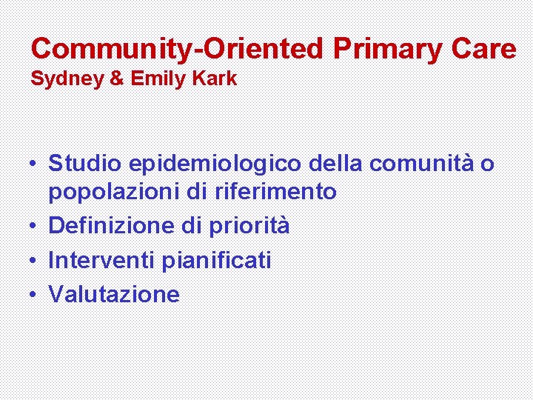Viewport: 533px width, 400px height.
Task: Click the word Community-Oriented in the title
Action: point(178,49)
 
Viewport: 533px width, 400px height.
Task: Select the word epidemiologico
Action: point(215,163)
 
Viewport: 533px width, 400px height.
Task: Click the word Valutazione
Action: point(114,294)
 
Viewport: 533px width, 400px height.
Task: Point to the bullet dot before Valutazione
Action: point(34,295)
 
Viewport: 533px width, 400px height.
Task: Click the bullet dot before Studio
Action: point(34,162)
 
